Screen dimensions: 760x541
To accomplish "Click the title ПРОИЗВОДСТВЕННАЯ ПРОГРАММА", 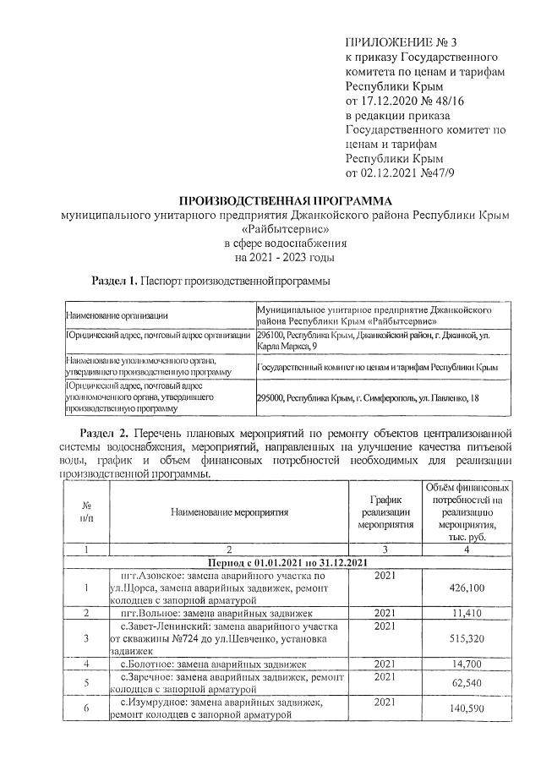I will click(285, 201).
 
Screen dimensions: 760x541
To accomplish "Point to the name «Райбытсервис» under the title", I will click(285, 229).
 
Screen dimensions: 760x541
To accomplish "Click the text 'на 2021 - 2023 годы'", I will click(285, 257).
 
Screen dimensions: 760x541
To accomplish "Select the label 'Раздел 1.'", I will click(114, 280).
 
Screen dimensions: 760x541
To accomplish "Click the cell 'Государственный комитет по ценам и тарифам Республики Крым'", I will click(376, 368).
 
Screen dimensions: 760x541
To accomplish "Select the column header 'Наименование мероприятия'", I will click(228, 512).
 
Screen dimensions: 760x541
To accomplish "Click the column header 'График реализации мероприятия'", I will click(385, 512).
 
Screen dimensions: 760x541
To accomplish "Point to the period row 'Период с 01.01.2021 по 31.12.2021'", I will click(285, 563).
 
